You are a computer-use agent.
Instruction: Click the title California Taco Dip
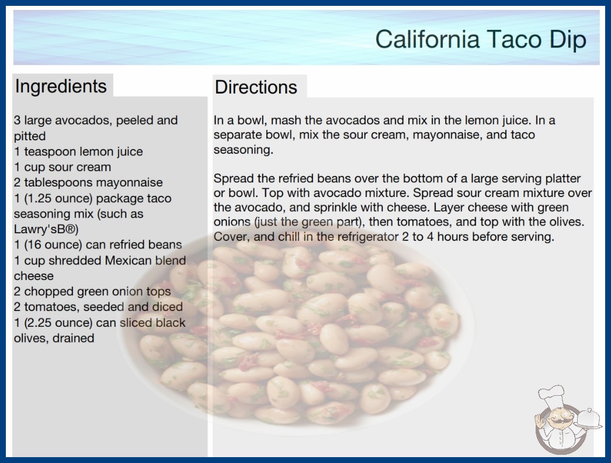point(481,40)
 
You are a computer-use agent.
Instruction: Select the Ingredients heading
point(61,86)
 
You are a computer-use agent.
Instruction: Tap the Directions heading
point(256,87)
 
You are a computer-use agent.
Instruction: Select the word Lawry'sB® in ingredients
point(46,229)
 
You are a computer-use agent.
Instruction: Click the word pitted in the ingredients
point(30,136)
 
